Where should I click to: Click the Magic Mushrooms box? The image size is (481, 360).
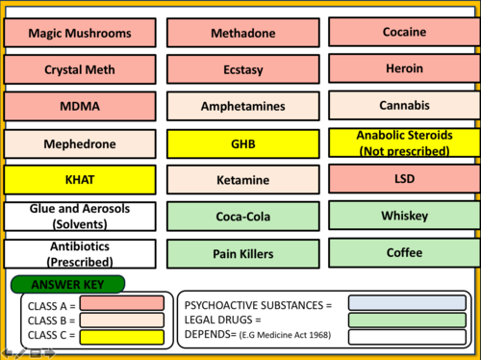[79, 33]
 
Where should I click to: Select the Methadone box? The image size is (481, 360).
[237, 33]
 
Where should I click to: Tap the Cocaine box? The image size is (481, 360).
[403, 32]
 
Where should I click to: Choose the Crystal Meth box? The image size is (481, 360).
[79, 69]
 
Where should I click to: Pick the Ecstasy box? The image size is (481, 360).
[237, 69]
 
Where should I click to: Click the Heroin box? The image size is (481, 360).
[403, 68]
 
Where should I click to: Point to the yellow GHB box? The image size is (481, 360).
[237, 143]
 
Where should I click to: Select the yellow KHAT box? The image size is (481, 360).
[79, 180]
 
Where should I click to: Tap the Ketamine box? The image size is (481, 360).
[237, 180]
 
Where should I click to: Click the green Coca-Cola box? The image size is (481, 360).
[237, 217]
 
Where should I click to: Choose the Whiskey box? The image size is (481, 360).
[403, 216]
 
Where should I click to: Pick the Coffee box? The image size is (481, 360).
[403, 252]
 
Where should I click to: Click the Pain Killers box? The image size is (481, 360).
[237, 254]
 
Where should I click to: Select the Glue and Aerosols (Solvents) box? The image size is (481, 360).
[79, 217]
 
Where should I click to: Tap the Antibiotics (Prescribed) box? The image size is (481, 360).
[79, 254]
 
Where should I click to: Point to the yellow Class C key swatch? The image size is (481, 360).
[122, 336]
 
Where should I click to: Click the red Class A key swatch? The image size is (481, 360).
[122, 303]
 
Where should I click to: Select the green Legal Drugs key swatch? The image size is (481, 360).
[407, 321]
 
